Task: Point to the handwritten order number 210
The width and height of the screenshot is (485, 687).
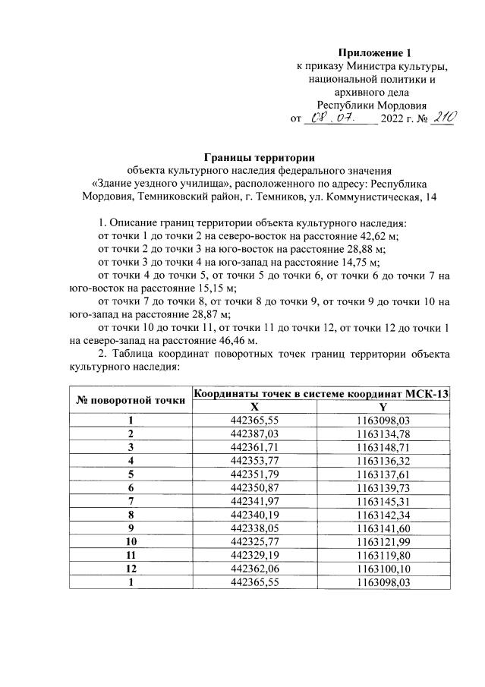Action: point(440,118)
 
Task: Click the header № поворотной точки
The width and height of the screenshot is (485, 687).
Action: point(130,400)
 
